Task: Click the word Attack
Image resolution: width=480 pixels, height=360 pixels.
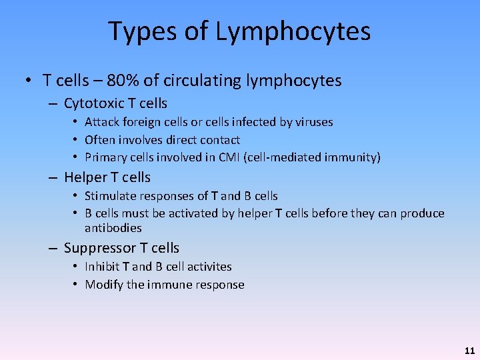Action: coord(101,122)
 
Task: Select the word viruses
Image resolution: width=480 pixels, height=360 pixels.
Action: coord(311,122)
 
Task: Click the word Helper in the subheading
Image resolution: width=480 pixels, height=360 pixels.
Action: coord(85,177)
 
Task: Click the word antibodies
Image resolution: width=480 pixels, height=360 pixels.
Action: coord(113,228)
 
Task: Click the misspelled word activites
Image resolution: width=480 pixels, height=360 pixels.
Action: coord(207,267)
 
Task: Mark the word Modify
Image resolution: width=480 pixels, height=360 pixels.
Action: coord(103,285)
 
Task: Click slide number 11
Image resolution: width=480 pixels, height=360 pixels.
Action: coord(469,350)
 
